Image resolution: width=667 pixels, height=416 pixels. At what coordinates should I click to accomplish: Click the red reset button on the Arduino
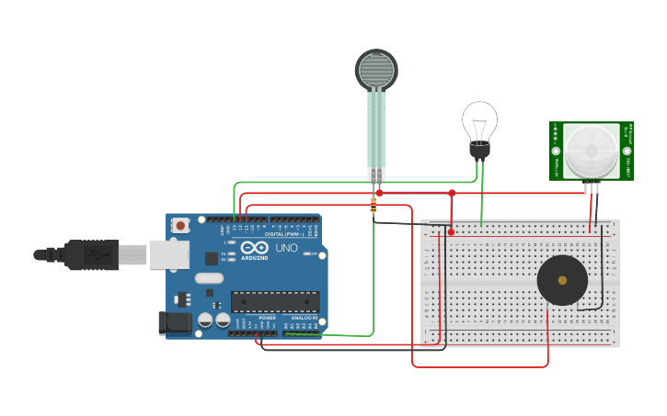point(181,224)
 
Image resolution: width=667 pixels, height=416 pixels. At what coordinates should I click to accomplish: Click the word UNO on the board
point(287,248)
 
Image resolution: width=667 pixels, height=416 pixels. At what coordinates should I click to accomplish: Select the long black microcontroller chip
point(275,301)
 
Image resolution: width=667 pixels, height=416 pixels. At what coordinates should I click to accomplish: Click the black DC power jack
point(175,322)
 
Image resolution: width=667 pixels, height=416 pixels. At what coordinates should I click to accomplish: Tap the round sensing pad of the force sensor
point(376,70)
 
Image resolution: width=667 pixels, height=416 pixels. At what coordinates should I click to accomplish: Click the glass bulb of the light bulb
point(479,120)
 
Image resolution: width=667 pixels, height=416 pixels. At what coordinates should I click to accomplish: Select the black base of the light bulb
point(479,150)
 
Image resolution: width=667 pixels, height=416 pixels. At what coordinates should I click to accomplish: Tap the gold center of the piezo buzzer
point(562,280)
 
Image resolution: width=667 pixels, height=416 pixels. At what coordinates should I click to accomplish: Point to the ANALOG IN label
point(304,318)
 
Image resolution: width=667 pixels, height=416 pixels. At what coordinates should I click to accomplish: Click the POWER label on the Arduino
point(267,318)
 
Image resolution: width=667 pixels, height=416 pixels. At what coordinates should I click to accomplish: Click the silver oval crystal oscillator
point(209,278)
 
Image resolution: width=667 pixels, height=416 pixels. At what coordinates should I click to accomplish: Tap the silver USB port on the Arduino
point(166,254)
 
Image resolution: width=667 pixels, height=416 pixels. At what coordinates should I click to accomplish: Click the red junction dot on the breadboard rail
point(451,231)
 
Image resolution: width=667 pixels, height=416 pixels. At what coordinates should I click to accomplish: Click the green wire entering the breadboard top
point(481,220)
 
